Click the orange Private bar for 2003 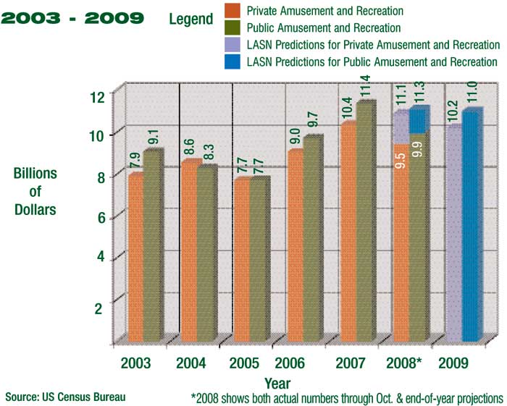(x=135, y=257)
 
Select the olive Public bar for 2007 (x=366, y=221)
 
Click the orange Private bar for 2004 (x=189, y=250)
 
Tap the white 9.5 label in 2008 (x=401, y=157)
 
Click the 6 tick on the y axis (x=99, y=217)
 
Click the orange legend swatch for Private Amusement (x=230, y=12)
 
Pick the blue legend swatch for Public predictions (x=230, y=62)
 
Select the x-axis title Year (x=277, y=383)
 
